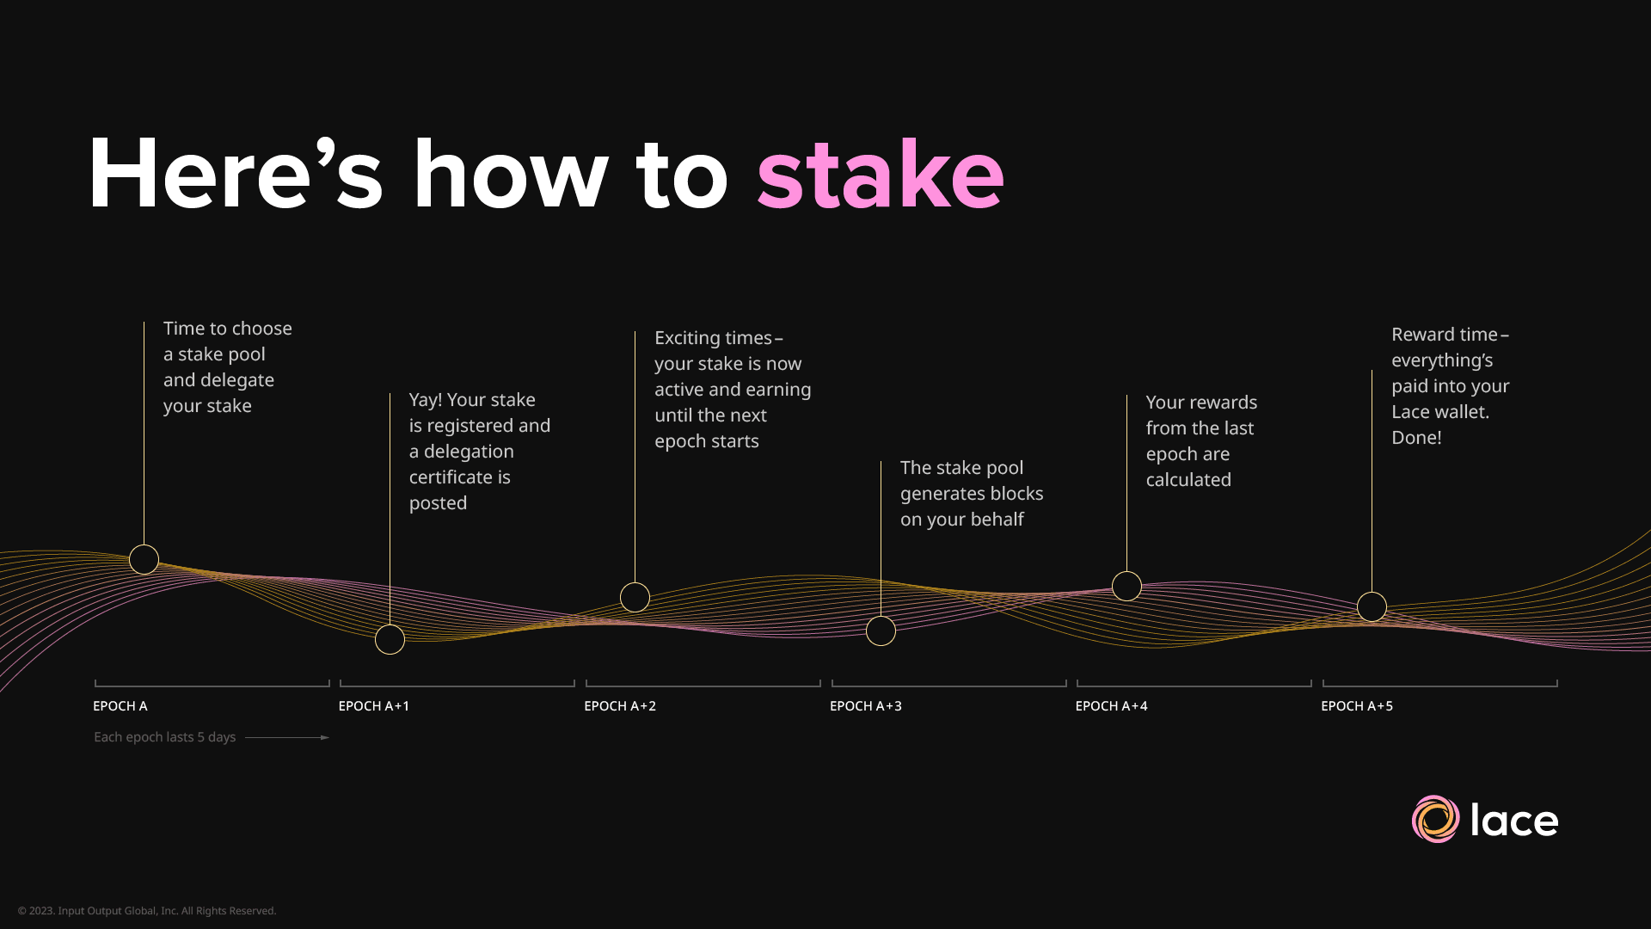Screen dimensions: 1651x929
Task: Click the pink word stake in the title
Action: [881, 175]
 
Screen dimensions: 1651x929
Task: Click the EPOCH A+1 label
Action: [374, 706]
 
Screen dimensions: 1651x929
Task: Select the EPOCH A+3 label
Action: [866, 706]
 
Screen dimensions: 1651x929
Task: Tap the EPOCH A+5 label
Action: [1357, 706]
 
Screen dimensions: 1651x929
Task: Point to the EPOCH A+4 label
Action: [1111, 706]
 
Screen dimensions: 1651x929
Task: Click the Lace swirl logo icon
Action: [1435, 819]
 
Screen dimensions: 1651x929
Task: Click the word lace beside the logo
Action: [1514, 820]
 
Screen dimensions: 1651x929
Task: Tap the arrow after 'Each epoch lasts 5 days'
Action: [287, 737]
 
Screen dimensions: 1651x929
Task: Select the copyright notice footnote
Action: [147, 911]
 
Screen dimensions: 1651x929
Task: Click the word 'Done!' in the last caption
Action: [1416, 438]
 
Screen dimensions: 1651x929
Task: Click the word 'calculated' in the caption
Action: [1188, 480]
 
